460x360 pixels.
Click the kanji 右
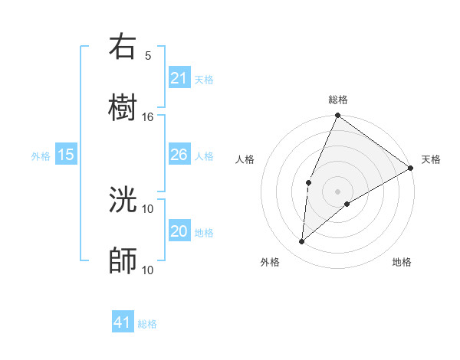(123, 47)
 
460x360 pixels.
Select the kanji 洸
(123, 201)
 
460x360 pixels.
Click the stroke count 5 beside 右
(148, 55)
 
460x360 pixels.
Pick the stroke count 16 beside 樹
(148, 116)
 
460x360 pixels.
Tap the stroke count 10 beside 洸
(148, 208)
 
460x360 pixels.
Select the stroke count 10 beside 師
(148, 270)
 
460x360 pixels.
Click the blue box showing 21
(179, 78)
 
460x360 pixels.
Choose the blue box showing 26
(179, 155)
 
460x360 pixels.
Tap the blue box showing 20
(179, 231)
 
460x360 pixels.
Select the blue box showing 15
(66, 155)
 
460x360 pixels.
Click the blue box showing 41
(123, 322)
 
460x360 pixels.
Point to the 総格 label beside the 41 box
(147, 324)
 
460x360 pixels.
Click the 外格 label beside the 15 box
(41, 156)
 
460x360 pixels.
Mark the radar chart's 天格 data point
(411, 168)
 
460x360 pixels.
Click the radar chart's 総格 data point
(337, 116)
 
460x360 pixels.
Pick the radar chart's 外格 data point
(302, 241)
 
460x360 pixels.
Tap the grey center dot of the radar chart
(337, 190)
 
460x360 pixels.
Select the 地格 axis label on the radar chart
(402, 262)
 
